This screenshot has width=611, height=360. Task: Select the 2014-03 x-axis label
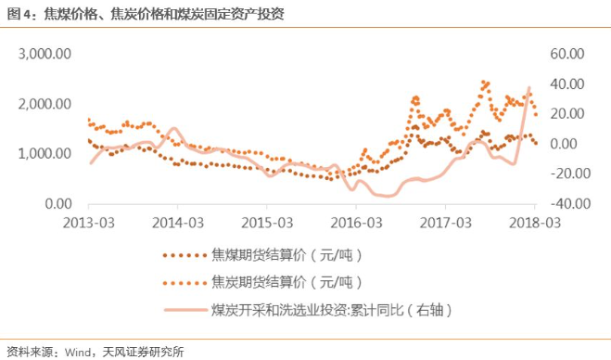pyautogui.click(x=179, y=223)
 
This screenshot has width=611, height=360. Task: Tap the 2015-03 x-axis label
pyautogui.click(x=268, y=223)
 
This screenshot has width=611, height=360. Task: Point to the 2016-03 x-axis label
pyautogui.click(x=357, y=223)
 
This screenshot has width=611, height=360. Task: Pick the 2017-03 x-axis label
pyautogui.click(x=446, y=223)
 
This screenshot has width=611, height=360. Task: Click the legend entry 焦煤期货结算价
pyautogui.click(x=286, y=253)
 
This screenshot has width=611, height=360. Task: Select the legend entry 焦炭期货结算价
pyautogui.click(x=286, y=281)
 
